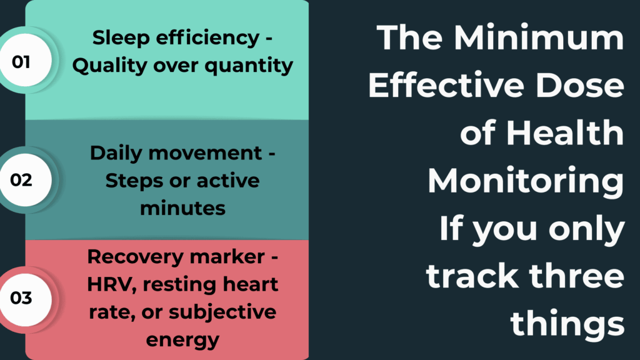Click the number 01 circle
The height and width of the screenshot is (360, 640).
pos(22,62)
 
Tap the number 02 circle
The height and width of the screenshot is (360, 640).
pos(22,180)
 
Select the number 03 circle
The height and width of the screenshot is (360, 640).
pos(22,298)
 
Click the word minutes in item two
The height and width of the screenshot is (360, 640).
pos(182,207)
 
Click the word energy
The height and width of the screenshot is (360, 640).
pos(182,339)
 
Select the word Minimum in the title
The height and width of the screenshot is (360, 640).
pos(539,39)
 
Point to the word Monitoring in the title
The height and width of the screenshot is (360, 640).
pos(525,181)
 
